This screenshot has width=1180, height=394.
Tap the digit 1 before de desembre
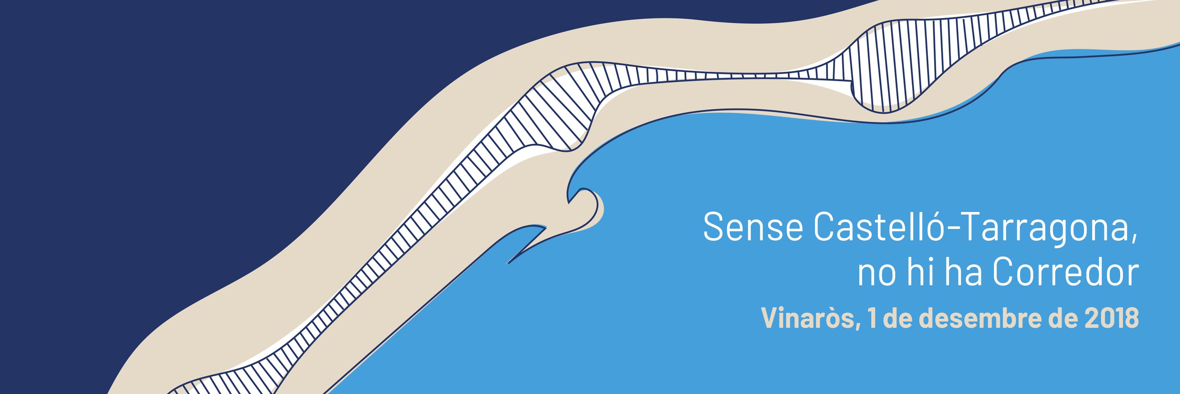coord(872,318)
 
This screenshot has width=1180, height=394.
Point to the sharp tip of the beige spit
coord(509,263)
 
